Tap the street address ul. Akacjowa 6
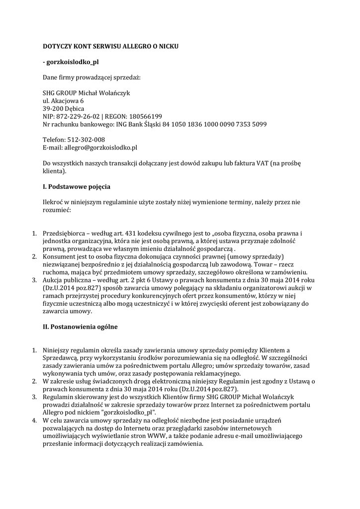click(x=63, y=100)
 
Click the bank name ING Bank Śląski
click(x=138, y=124)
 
